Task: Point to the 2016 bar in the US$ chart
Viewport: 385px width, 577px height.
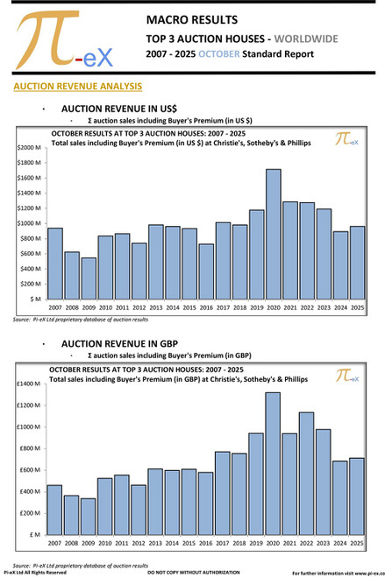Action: coord(206,271)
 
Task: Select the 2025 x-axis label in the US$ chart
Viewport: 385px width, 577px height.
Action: coord(356,308)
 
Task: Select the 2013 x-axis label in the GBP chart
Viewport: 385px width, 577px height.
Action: coord(155,544)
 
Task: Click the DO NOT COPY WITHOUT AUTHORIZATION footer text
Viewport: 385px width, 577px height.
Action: coord(192,572)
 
